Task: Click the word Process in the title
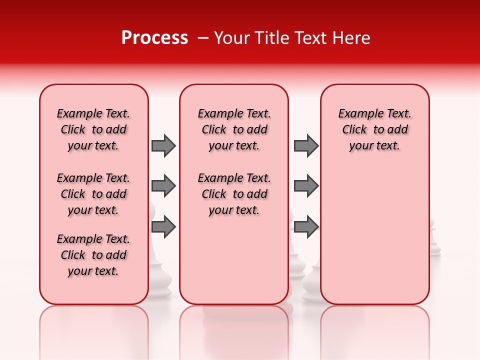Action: click(154, 38)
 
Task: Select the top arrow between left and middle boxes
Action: click(163, 145)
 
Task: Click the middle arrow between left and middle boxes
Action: click(163, 186)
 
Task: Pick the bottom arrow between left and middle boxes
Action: click(163, 227)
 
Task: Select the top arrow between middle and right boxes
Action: click(306, 145)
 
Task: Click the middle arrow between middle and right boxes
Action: click(306, 186)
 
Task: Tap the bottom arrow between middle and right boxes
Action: click(306, 227)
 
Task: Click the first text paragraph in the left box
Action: click(93, 129)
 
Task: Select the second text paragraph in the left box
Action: click(93, 194)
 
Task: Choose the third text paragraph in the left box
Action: click(93, 255)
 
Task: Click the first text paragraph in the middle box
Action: click(234, 129)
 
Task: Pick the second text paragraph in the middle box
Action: click(234, 194)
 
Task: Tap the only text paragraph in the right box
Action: click(375, 129)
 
